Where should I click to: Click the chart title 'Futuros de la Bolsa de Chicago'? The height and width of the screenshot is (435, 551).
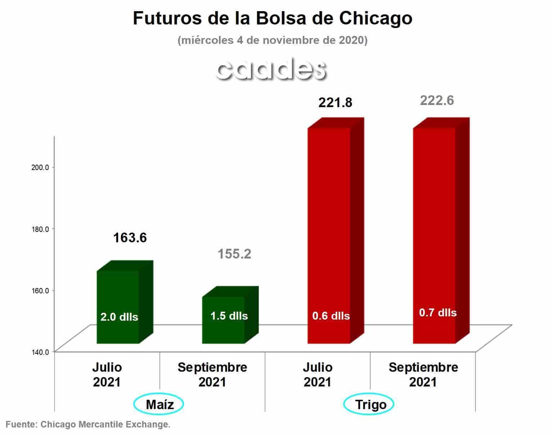tap(272, 18)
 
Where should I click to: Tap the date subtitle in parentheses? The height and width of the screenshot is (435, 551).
tap(272, 40)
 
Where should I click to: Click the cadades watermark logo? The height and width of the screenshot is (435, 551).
tap(272, 69)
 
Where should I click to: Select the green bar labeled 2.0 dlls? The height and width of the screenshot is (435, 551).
tap(125, 302)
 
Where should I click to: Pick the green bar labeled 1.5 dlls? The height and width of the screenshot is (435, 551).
tap(230, 315)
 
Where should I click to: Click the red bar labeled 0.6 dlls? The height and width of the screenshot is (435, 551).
tap(336, 230)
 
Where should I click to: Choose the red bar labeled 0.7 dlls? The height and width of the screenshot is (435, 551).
tap(441, 230)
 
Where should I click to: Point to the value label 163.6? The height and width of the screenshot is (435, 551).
tap(130, 238)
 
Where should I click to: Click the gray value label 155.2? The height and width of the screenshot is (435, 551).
tap(234, 254)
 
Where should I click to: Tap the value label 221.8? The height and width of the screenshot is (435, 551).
tap(335, 102)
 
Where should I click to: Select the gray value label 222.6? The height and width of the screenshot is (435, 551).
tap(437, 100)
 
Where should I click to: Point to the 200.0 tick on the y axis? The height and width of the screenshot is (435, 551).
tap(40, 168)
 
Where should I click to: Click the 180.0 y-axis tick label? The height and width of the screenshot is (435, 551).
tap(40, 229)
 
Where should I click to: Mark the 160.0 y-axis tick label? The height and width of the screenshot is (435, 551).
tap(40, 290)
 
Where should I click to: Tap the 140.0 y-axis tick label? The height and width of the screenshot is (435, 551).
tap(40, 352)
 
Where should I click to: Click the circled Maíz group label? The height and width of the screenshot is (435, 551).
tap(158, 404)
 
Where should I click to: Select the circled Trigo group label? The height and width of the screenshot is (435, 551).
tap(369, 404)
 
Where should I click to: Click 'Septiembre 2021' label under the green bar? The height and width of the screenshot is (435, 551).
tap(212, 375)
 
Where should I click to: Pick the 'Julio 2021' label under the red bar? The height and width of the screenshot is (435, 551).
tap(318, 375)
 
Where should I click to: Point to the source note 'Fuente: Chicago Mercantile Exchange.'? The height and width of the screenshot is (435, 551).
tap(88, 424)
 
